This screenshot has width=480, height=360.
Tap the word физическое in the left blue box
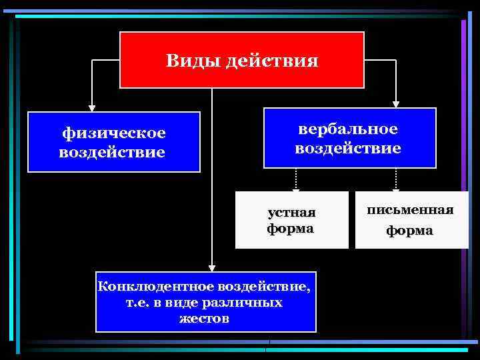click(114, 134)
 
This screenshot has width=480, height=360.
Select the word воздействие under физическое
click(112, 153)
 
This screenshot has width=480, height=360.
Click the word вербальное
click(348, 129)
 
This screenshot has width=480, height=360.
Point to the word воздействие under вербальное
click(348, 147)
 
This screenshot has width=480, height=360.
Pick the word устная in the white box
click(291, 213)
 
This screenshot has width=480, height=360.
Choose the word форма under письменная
click(411, 231)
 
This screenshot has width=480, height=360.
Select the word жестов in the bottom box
click(204, 318)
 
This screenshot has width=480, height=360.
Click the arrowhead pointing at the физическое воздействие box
click(91, 106)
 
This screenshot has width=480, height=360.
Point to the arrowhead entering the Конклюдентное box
click(211, 267)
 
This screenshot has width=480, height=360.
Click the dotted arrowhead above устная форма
click(296, 188)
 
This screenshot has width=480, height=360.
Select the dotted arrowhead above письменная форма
click(396, 188)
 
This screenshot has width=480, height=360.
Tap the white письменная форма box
click(411, 220)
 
